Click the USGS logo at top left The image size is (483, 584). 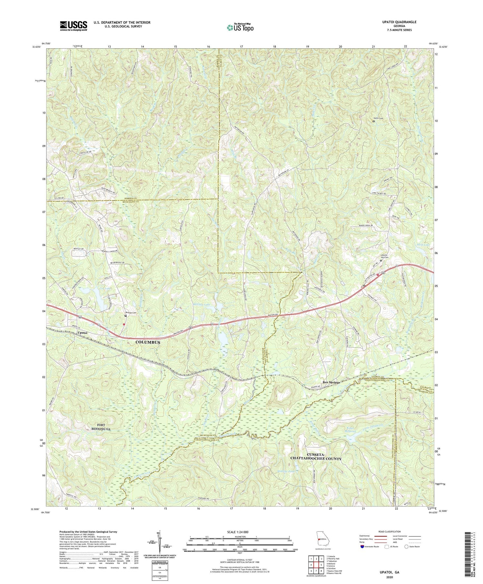[x=73, y=26]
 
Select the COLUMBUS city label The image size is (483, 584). [x=147, y=342]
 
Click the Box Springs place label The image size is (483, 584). [x=331, y=382]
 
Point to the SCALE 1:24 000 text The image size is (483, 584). [x=240, y=532]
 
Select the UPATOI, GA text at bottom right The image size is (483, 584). [x=388, y=572]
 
